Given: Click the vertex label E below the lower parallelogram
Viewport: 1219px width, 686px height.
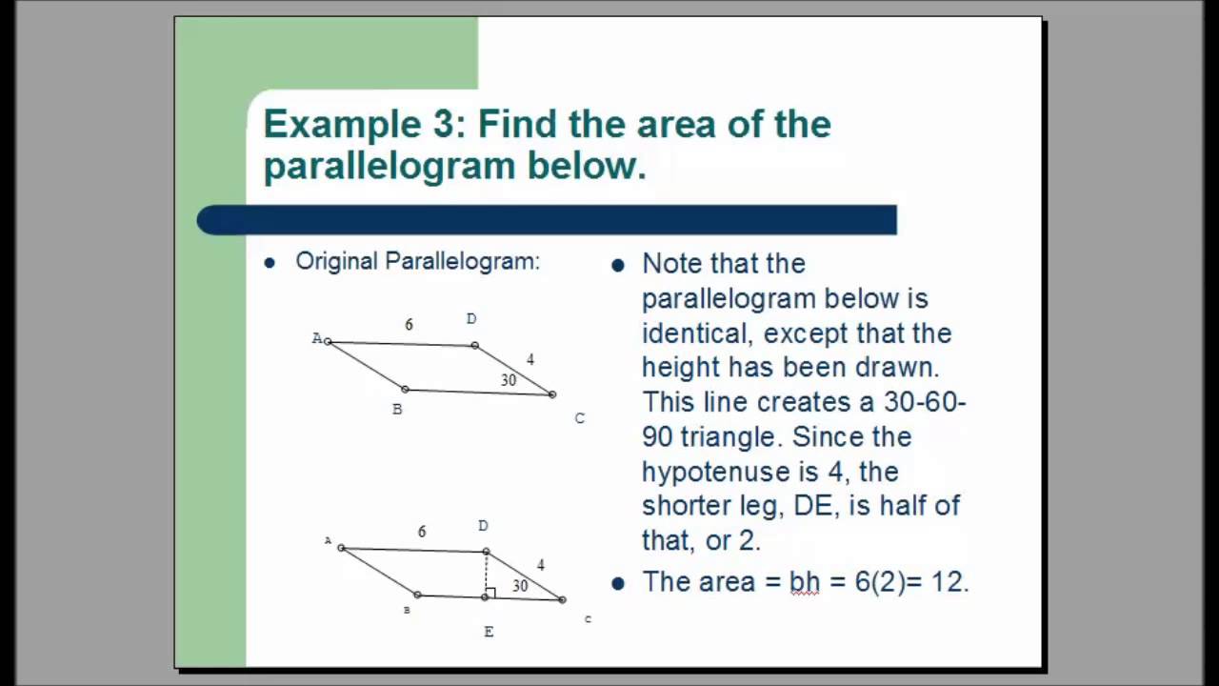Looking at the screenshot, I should (489, 632).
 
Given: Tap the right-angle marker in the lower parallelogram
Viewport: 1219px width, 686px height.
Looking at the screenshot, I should (490, 593).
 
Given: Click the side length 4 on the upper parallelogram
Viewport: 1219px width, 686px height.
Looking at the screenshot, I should (530, 359).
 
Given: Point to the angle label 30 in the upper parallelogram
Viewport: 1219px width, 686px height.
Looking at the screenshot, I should (509, 380).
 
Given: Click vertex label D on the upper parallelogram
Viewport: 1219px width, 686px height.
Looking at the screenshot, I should (471, 319).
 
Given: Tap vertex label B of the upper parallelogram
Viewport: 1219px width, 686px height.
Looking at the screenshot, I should (397, 410).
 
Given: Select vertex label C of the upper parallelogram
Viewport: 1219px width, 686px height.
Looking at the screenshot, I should (579, 418).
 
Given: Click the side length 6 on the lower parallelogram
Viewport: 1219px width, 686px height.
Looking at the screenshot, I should (422, 532).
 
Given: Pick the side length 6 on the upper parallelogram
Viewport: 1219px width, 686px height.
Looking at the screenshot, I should (409, 325).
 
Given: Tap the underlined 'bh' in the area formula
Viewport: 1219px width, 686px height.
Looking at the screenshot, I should (805, 582).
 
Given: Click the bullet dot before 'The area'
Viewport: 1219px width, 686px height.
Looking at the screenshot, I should (618, 583).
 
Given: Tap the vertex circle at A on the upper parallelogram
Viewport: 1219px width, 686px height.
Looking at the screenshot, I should (328, 341).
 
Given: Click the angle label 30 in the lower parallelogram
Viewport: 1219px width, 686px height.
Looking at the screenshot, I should (520, 586).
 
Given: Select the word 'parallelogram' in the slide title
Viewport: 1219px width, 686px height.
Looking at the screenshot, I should (390, 166).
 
